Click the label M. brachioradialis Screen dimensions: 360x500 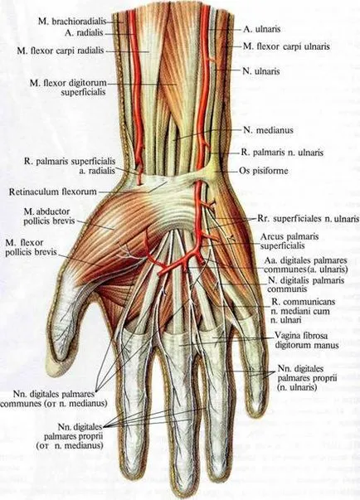(x=72, y=22)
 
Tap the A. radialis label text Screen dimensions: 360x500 (x=84, y=32)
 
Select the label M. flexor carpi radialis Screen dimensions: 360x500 (x=61, y=51)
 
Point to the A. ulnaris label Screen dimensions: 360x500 (x=262, y=29)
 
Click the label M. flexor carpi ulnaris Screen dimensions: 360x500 (x=286, y=46)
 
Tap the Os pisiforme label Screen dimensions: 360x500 (x=264, y=171)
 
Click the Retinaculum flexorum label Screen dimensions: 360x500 (x=52, y=192)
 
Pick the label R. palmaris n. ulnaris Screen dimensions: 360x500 (x=282, y=153)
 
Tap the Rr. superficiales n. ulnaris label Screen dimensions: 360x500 (x=308, y=219)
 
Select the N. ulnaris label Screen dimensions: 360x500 (x=260, y=70)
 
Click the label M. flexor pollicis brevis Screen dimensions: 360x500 (x=31, y=247)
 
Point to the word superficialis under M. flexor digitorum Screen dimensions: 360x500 (x=83, y=92)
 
